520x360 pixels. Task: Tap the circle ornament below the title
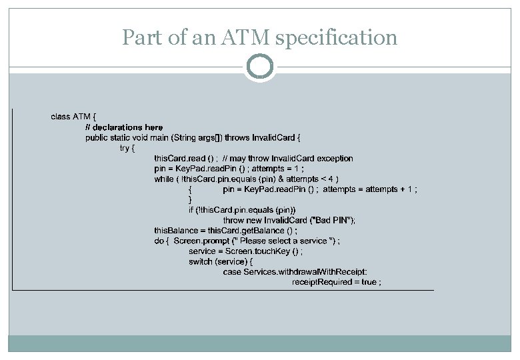260,66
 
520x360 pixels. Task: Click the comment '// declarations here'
124,127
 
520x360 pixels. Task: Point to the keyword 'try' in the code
125,148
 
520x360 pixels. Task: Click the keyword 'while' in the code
163,179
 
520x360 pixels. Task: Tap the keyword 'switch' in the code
201,261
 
